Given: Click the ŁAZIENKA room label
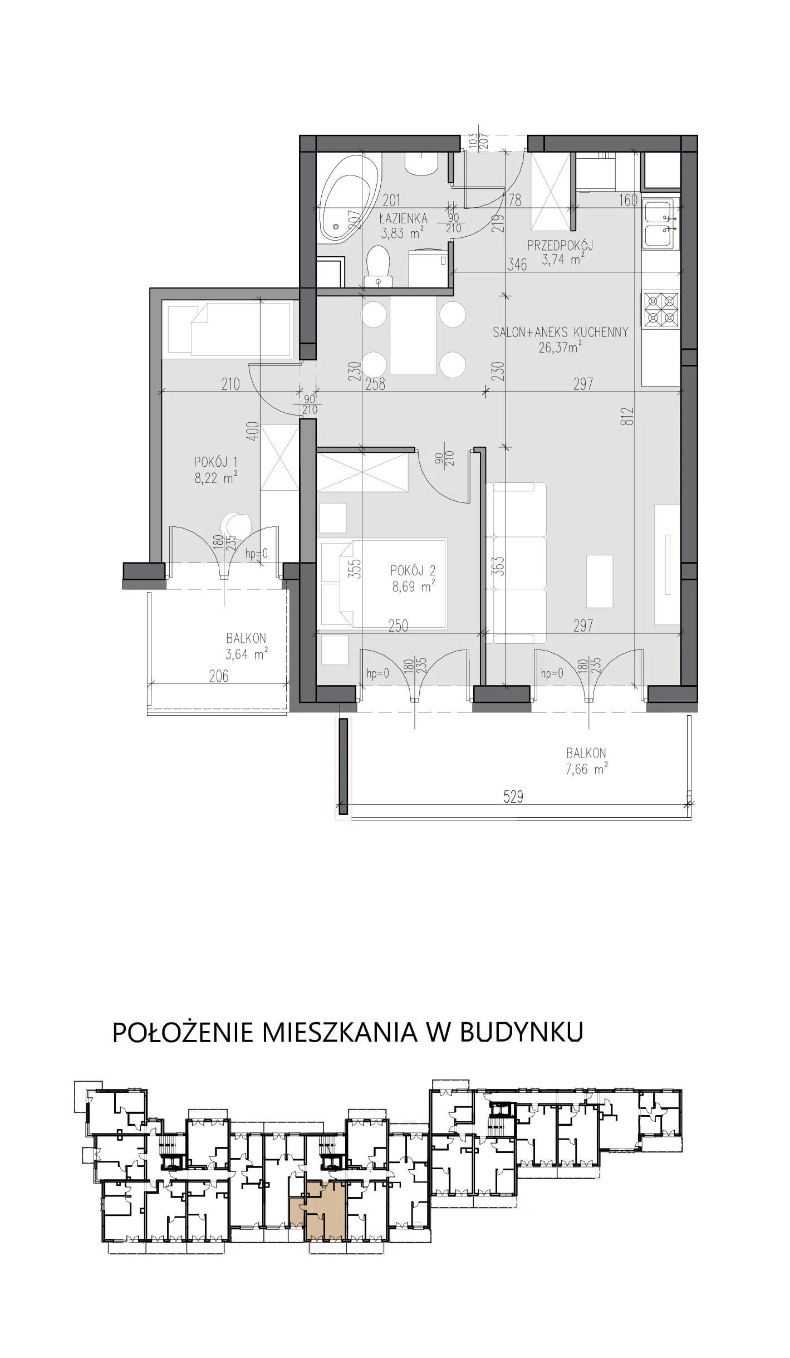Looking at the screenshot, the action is pos(403,218).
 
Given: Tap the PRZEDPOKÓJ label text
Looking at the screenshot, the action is pos(560,245).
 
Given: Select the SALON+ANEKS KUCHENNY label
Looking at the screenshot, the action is pos(560,333).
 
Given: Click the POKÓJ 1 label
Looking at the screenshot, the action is pos(216,462).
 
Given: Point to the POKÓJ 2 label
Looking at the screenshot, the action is pos(413,570).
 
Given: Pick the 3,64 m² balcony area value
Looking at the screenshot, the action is pos(247,654).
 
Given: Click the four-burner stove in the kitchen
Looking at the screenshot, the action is pos(661,310).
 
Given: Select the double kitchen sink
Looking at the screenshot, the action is pos(661,224).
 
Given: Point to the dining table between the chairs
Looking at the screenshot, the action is pos(413,335).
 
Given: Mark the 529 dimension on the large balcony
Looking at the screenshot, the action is pos(513,797).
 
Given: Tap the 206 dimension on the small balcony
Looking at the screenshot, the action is pos(219,676).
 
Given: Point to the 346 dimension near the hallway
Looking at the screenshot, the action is pos(517,264).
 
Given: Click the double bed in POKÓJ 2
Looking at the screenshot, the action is pos(384,584).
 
